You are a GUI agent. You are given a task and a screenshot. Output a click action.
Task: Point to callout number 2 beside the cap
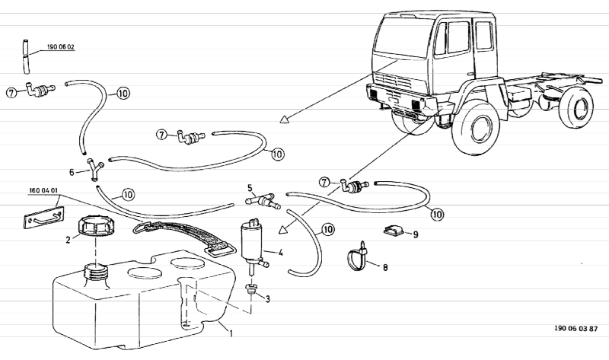(x=67, y=238)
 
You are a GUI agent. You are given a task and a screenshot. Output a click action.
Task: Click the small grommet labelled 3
(x=250, y=290)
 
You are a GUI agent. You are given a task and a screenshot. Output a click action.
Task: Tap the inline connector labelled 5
(x=263, y=202)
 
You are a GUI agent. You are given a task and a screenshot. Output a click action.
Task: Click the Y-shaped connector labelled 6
(x=94, y=167)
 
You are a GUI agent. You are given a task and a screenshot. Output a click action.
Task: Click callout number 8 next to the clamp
(x=385, y=267)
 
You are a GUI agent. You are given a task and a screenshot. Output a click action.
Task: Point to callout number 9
(x=416, y=234)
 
